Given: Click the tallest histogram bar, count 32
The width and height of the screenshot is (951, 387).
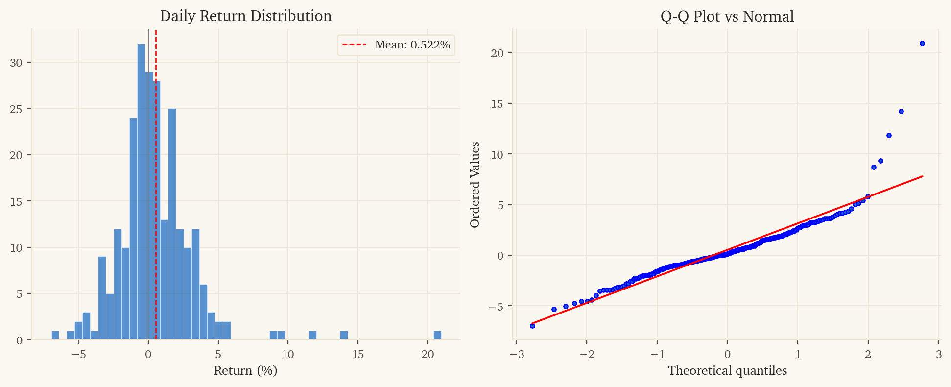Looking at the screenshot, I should click(141, 192).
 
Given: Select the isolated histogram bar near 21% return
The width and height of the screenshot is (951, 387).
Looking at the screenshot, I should click(437, 335).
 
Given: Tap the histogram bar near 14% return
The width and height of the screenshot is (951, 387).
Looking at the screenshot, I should click(344, 335).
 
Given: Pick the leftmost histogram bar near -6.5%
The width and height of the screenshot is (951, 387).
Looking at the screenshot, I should click(55, 335).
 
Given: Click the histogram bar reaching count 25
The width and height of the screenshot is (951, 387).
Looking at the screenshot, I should click(172, 224).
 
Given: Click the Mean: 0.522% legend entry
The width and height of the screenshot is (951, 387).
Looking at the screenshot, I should click(396, 45).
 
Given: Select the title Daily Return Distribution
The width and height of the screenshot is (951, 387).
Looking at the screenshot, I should click(246, 16).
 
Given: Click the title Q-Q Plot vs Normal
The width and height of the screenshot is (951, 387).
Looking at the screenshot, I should click(727, 16).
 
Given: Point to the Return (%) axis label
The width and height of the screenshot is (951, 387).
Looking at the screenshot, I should click(246, 370).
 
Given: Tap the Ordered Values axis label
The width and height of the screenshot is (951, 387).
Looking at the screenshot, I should click(475, 185).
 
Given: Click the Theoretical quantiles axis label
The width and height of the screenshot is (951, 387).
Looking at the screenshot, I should click(727, 370).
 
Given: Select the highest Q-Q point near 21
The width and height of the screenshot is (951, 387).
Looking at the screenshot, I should click(922, 43).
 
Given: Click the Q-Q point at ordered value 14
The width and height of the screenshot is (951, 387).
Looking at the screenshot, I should click(901, 111).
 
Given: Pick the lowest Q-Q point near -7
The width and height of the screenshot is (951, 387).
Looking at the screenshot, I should click(532, 326).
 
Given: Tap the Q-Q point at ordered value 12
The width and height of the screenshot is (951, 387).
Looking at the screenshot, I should click(889, 135).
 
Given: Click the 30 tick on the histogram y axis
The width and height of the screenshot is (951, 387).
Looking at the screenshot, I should click(16, 63).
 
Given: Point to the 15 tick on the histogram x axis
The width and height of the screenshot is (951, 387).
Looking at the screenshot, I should click(357, 354).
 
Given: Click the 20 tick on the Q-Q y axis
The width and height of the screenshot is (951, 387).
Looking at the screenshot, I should click(497, 53).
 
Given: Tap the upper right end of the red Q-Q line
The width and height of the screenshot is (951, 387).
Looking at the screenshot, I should click(923, 176).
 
